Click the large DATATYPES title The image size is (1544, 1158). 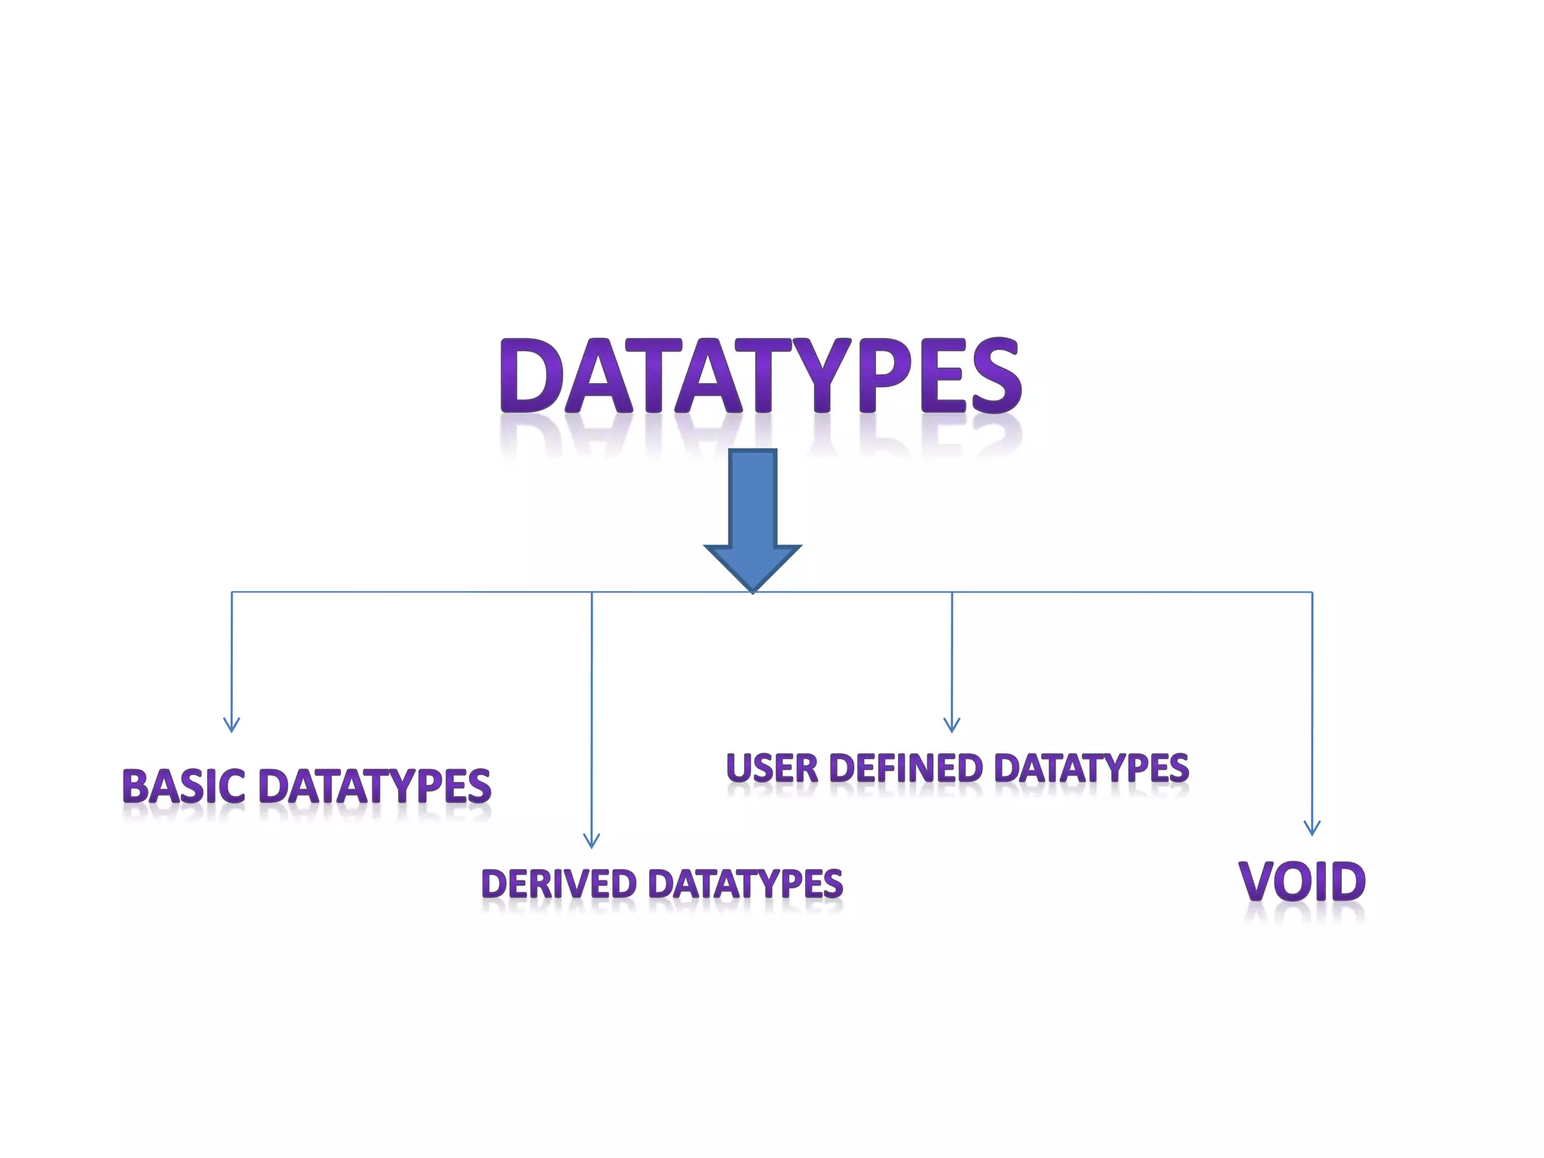tap(760, 375)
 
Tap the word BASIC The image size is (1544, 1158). tap(183, 786)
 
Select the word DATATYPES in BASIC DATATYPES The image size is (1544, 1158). tap(375, 786)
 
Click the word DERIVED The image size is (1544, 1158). tap(559, 884)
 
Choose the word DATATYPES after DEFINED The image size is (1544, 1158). tap(1091, 768)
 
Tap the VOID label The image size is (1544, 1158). tap(1302, 881)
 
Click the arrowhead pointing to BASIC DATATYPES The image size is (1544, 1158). tap(231, 725)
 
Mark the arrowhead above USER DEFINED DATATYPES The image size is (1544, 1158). tap(951, 725)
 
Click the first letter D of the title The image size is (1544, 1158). tap(532, 375)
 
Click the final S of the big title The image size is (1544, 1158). tap(996, 375)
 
